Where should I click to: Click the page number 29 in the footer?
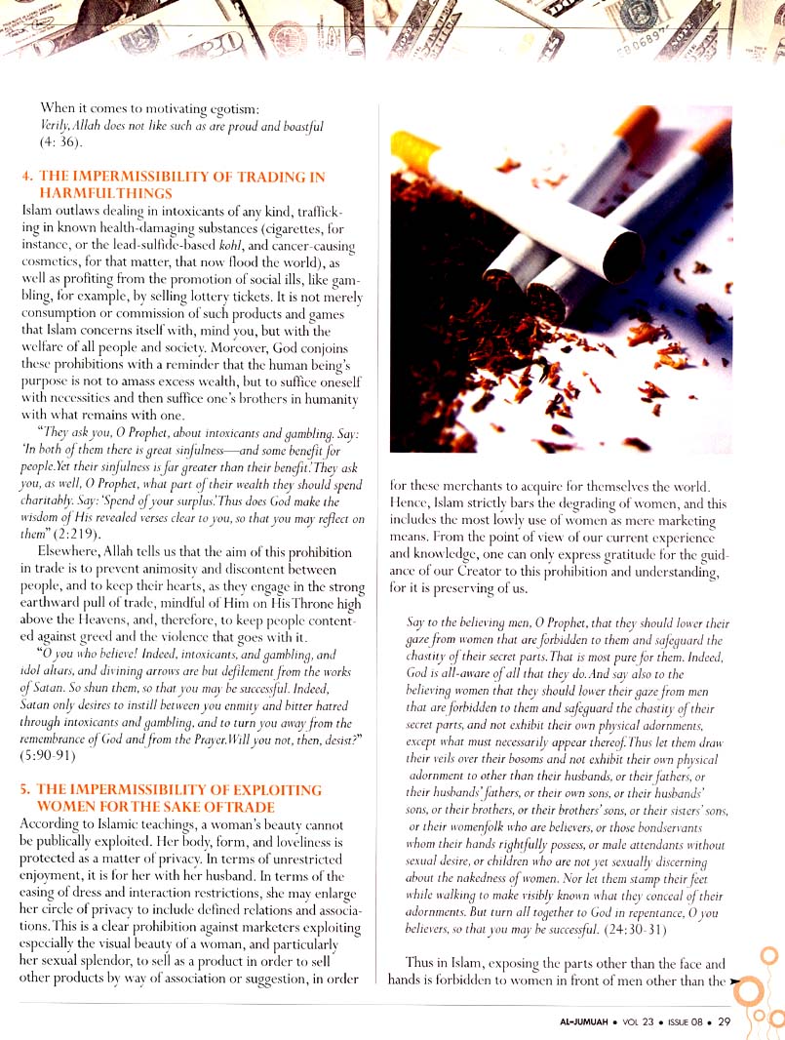point(724,1021)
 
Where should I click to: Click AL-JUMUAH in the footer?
point(576,1021)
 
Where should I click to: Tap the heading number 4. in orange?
point(28,178)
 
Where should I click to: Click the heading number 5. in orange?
point(28,789)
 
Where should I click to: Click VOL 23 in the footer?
point(638,1021)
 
